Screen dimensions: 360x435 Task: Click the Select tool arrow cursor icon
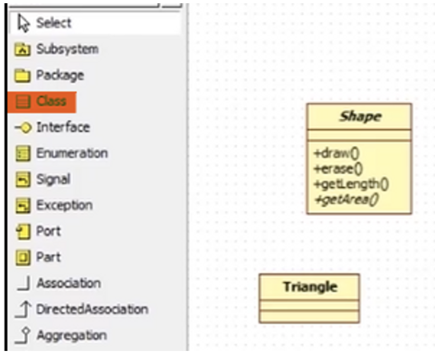(23, 23)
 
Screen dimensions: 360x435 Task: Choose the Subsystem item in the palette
(67, 50)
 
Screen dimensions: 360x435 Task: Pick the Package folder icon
(22, 76)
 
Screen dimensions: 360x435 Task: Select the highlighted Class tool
(43, 101)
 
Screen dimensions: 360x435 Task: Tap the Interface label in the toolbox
(62, 127)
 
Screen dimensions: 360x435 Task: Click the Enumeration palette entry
(71, 153)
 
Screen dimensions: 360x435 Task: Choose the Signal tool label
(53, 179)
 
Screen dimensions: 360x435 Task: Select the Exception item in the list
(64, 206)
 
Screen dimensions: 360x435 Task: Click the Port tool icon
(22, 232)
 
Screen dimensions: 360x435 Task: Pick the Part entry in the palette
(48, 258)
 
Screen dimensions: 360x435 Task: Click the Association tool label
(68, 283)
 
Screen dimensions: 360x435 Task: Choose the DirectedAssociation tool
(92, 309)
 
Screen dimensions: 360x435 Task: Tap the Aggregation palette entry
(71, 336)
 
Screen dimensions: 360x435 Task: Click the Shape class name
(360, 117)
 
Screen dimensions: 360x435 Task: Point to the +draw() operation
(337, 153)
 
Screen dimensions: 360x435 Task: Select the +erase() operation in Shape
(338, 169)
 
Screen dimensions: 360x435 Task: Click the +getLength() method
(351, 184)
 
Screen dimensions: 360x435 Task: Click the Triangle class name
(310, 287)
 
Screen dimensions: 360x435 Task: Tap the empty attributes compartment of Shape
(359, 135)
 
